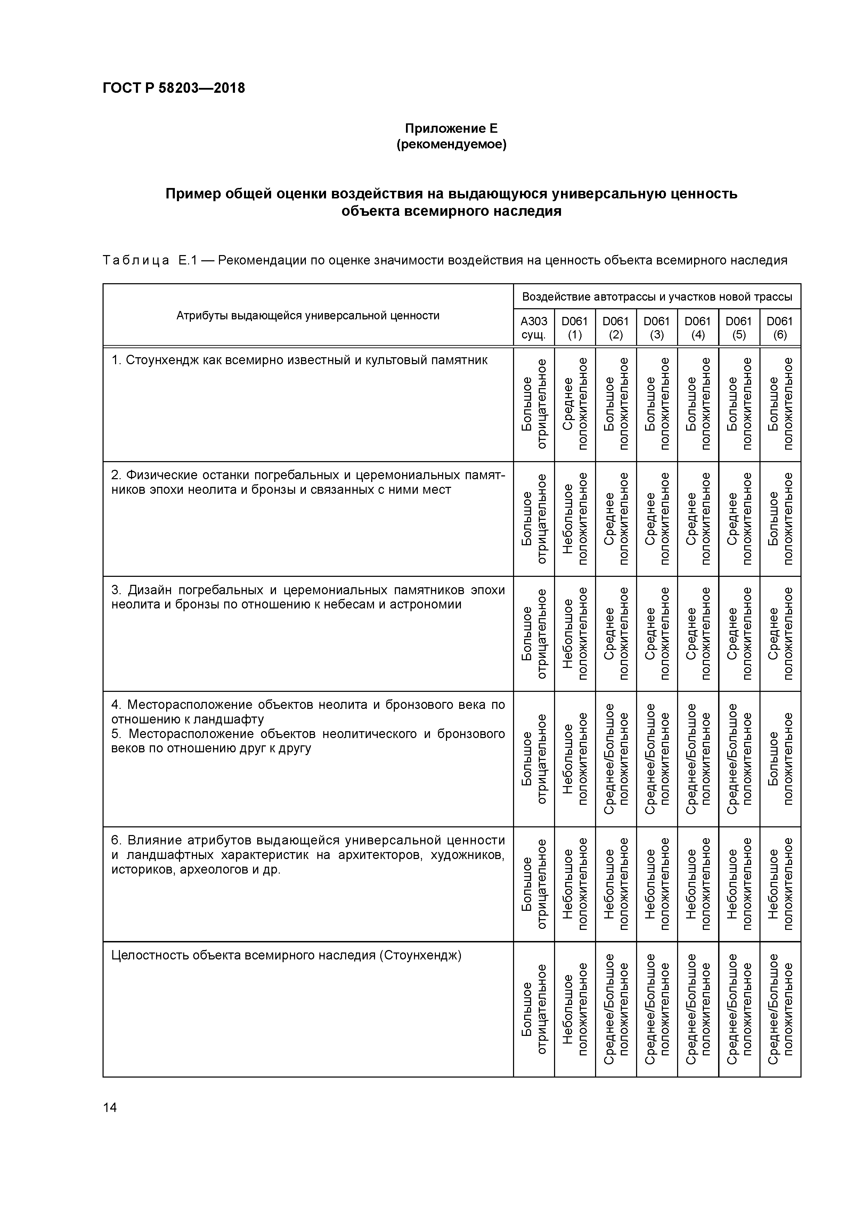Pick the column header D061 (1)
click(x=575, y=328)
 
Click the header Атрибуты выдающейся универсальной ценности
click(x=308, y=316)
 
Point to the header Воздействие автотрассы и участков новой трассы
click(x=657, y=297)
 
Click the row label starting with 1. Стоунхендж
click(x=299, y=360)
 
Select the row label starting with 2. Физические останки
click(x=308, y=482)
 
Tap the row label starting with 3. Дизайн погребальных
click(x=308, y=597)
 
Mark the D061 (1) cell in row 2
click(x=575, y=518)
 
